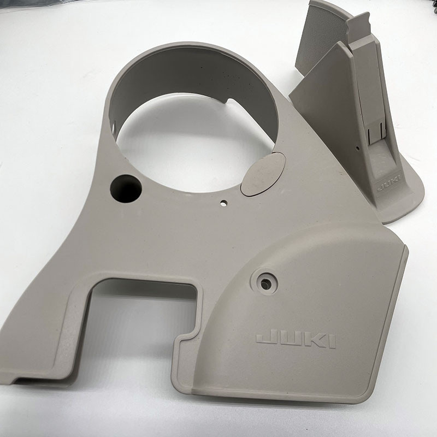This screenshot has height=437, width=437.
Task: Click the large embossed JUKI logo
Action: tap(296, 338)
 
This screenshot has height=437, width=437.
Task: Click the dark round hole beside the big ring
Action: tap(126, 188)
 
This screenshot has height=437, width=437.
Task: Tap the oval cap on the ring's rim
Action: tap(263, 174)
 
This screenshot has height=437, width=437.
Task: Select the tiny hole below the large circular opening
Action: tap(223, 203)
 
